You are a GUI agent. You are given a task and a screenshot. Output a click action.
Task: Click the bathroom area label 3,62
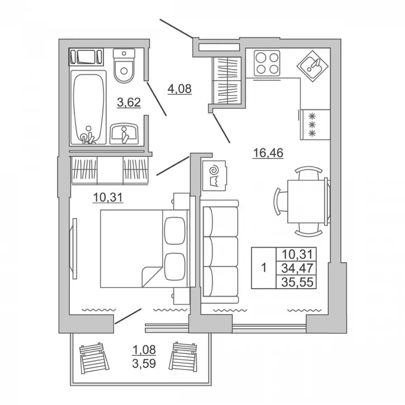click(129, 102)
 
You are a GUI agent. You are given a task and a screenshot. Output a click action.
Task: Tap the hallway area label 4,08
click(179, 89)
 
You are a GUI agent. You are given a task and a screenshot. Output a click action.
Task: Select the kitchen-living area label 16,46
click(268, 152)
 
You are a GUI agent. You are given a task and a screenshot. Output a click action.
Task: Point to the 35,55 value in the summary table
click(297, 282)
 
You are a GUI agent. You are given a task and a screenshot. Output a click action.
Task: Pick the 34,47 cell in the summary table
click(297, 268)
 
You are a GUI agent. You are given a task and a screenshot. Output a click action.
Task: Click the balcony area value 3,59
click(144, 363)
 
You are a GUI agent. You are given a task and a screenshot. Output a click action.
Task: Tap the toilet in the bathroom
click(124, 66)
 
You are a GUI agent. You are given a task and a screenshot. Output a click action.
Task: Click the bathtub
click(88, 107)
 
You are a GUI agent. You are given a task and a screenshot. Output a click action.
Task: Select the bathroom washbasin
click(124, 133)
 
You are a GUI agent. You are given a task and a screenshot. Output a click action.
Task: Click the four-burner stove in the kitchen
click(267, 63)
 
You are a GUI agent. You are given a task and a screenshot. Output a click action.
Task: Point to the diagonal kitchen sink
click(312, 66)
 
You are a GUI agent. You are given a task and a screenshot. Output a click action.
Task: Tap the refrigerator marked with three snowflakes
click(315, 125)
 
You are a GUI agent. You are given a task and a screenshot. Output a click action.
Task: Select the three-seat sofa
click(220, 252)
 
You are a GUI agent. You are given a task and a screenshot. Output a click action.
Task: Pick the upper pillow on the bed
click(175, 231)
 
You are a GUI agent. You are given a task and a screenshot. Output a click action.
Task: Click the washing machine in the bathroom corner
click(86, 57)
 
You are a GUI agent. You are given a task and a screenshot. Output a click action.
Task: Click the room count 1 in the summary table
click(264, 268)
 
